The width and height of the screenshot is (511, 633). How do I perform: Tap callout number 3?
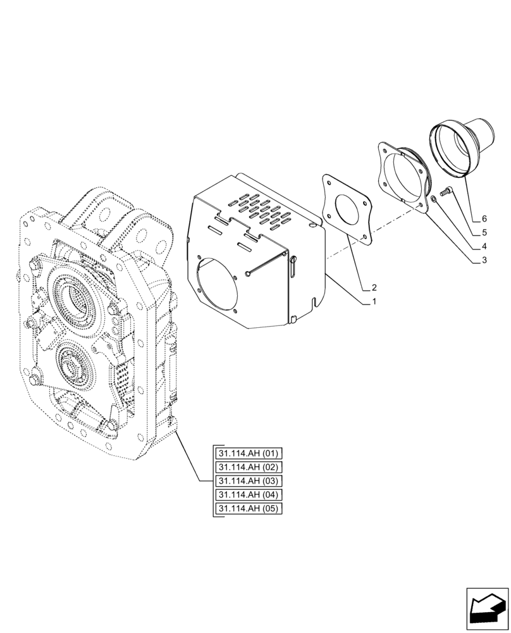pyautogui.click(x=483, y=260)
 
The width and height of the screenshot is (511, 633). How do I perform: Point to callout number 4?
pyautogui.click(x=483, y=246)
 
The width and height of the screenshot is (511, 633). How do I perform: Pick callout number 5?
pyautogui.click(x=483, y=232)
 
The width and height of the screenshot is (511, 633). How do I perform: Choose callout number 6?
pyautogui.click(x=483, y=218)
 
